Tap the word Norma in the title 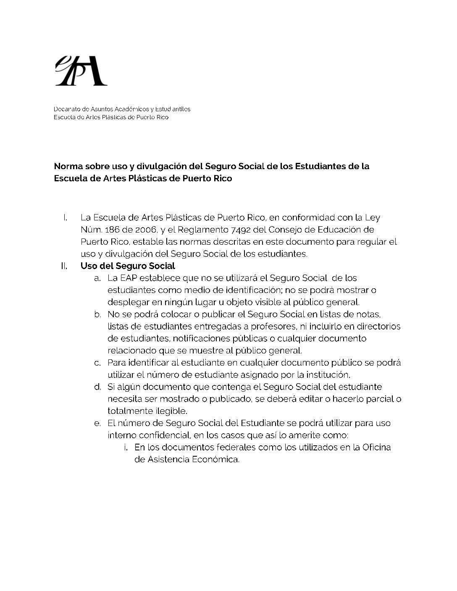click(x=67, y=166)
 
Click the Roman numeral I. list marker click(x=65, y=218)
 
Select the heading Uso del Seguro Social click(x=128, y=266)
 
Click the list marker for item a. click(x=97, y=278)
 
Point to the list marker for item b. click(x=97, y=314)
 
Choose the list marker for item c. click(x=97, y=363)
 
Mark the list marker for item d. click(x=97, y=387)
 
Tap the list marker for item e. click(x=97, y=423)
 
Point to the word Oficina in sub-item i click(x=376, y=447)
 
